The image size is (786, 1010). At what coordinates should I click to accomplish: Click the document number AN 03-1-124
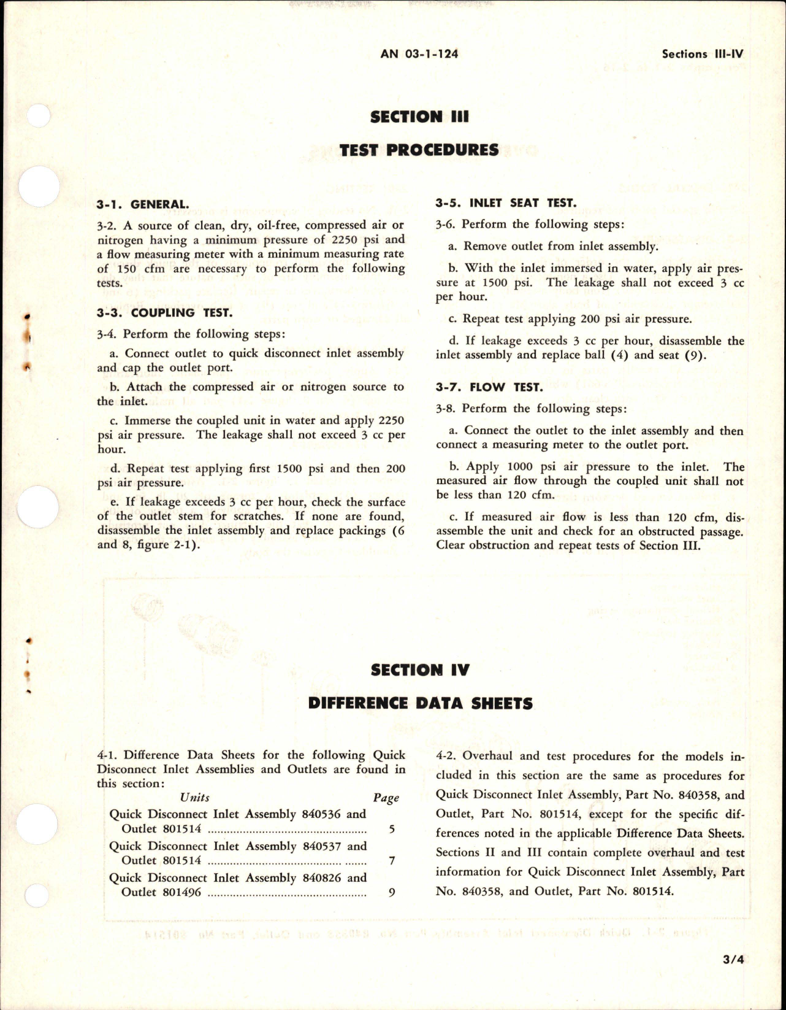[419, 54]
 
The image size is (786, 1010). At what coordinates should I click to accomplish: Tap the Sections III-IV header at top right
[702, 54]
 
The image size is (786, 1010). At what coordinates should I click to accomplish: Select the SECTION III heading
[419, 117]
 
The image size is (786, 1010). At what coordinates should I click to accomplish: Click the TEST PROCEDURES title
[419, 150]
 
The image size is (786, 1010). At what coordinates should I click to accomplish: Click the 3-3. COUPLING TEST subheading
[164, 313]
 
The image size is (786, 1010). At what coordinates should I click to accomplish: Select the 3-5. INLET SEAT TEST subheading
[506, 203]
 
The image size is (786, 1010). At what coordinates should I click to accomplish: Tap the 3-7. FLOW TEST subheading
[489, 387]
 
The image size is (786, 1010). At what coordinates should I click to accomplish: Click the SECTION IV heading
[420, 670]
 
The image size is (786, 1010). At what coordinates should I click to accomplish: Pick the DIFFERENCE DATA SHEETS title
[420, 703]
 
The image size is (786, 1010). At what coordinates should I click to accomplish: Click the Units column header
[195, 798]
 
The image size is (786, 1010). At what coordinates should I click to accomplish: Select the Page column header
[386, 798]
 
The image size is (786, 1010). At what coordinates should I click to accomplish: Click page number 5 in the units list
[392, 830]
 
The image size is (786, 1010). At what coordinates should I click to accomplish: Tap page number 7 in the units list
[392, 861]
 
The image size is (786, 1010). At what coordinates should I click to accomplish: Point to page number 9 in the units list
[392, 893]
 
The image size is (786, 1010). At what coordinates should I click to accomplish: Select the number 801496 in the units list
[180, 893]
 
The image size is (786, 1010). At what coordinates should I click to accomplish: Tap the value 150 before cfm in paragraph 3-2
[125, 269]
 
